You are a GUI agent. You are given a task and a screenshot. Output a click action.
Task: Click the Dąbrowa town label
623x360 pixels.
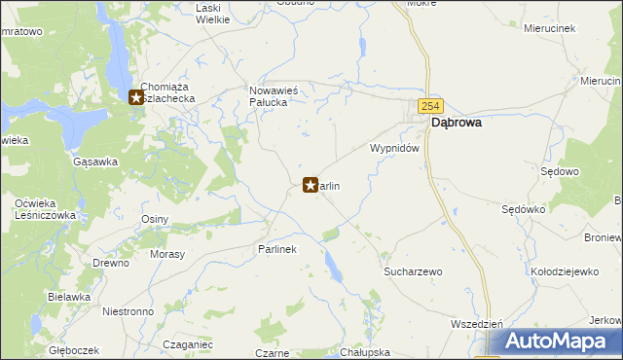pos(458,124)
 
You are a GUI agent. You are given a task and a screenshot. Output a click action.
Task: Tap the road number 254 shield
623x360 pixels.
pos(430,104)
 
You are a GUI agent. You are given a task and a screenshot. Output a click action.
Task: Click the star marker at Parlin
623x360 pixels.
pos(311,184)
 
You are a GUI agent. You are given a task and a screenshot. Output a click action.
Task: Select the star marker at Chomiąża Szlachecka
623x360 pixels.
pos(136,96)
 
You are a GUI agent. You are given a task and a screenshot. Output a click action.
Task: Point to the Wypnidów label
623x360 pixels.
pos(394,148)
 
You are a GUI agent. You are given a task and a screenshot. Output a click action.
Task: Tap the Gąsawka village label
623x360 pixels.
pos(94,162)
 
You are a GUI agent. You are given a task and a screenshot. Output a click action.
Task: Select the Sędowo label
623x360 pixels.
pos(560,171)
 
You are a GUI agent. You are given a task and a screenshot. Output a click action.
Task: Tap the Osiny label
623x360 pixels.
pos(155,219)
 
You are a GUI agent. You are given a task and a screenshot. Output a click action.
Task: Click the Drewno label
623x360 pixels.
pos(111,263)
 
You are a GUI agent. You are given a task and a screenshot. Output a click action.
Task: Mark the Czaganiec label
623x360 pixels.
pos(188,344)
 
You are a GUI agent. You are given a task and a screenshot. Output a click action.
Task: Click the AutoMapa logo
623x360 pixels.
pos(557,342)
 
